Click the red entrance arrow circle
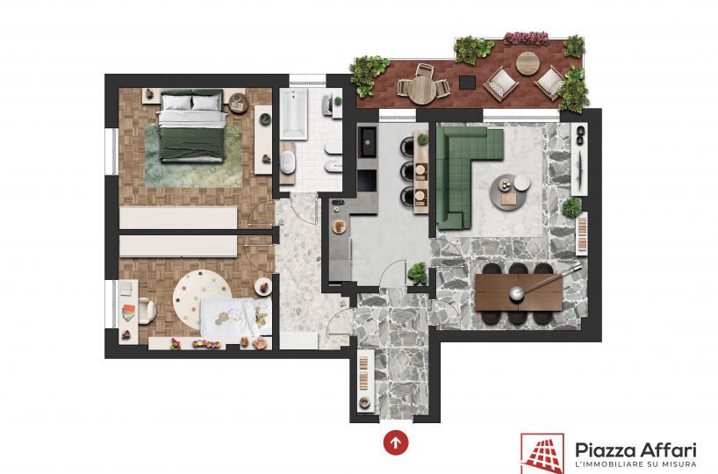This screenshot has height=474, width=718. pyautogui.click(x=396, y=442)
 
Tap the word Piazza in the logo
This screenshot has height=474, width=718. pyautogui.click(x=604, y=450)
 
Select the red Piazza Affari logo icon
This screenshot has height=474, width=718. pyautogui.click(x=542, y=454)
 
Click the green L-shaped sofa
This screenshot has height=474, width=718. pyautogui.click(x=463, y=169)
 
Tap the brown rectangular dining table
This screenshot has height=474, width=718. pyautogui.click(x=519, y=292)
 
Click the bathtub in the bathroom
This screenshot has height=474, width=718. pyautogui.click(x=293, y=114)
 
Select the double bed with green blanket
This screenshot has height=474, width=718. pyautogui.click(x=192, y=126)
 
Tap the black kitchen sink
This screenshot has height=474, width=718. pyautogui.click(x=367, y=141)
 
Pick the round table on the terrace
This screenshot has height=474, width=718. pyautogui.click(x=421, y=90)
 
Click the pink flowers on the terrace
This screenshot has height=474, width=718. pyautogui.click(x=526, y=39)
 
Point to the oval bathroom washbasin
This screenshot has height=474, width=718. pyautogui.click(x=288, y=162)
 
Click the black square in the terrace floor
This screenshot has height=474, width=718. pyautogui.click(x=467, y=83)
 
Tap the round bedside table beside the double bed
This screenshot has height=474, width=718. pyautogui.click(x=238, y=103)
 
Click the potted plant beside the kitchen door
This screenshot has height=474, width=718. pyautogui.click(x=418, y=273)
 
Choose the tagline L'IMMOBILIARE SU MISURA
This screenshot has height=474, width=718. pyautogui.click(x=635, y=465)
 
